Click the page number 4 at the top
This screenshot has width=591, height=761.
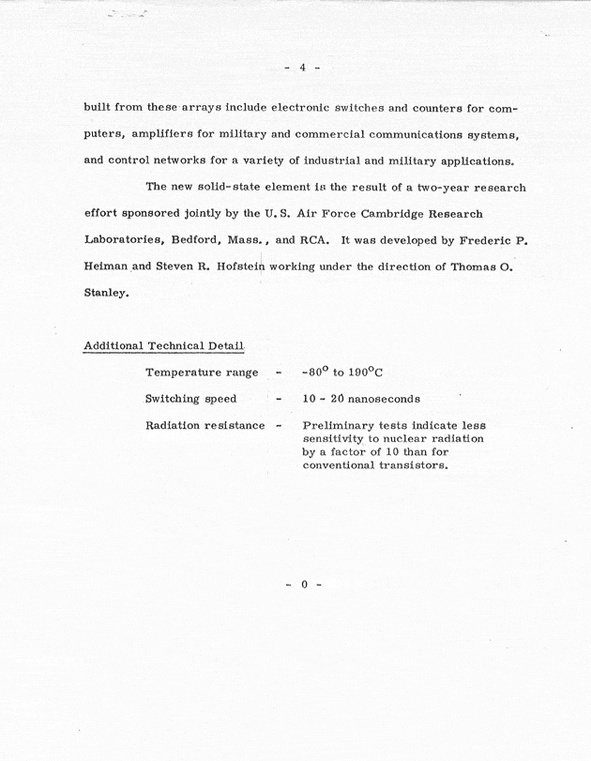(303, 67)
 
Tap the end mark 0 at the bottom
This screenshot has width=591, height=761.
(303, 585)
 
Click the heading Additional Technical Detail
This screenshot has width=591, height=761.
(164, 345)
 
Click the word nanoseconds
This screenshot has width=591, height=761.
(381, 399)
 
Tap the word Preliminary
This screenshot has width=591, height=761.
(342, 425)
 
